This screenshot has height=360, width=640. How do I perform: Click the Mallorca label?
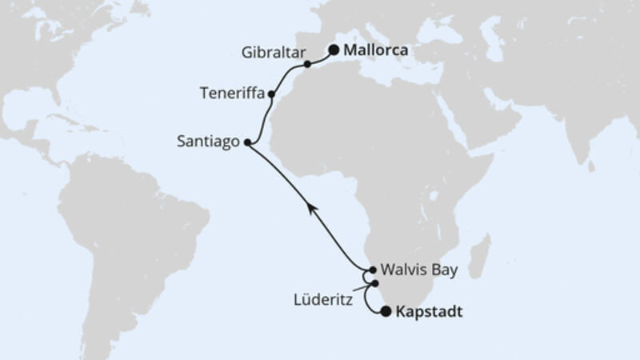[x=376, y=50]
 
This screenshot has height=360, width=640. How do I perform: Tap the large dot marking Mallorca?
[x=333, y=50]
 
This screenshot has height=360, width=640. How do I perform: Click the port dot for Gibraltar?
[x=307, y=63]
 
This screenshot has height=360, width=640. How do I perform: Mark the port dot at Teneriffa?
[x=272, y=94]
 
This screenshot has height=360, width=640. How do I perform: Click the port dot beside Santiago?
[x=246, y=143]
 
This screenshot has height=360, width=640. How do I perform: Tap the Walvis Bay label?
[x=419, y=270]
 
